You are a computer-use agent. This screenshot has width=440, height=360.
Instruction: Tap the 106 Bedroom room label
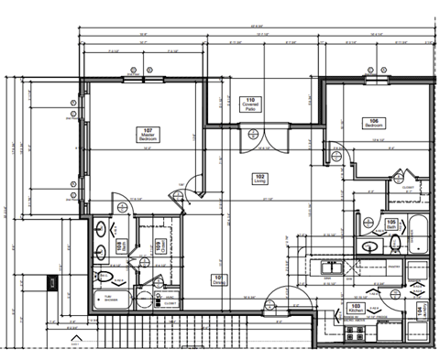point(373,123)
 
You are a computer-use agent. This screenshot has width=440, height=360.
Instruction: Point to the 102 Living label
point(259,179)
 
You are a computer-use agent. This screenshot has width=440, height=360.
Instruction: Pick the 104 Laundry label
point(422,311)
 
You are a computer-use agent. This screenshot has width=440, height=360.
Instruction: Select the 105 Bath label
point(390,224)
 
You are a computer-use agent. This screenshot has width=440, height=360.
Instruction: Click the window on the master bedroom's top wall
point(137,80)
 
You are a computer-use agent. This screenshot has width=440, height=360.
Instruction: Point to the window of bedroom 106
point(375,80)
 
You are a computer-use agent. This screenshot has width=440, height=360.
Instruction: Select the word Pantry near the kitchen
point(369,267)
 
